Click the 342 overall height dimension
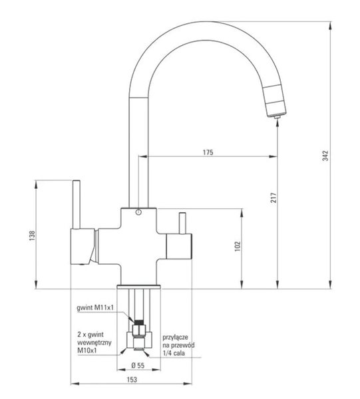(x=325, y=156)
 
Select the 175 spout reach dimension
(x=208, y=152)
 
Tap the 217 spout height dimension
(x=273, y=198)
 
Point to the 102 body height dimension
(x=238, y=246)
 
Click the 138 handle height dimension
(x=32, y=235)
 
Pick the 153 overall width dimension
(x=132, y=380)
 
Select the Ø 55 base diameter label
(x=138, y=365)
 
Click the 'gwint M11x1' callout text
(x=95, y=308)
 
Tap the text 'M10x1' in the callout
(x=87, y=350)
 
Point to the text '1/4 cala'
(x=174, y=353)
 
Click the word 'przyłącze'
(x=176, y=337)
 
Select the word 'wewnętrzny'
(x=94, y=342)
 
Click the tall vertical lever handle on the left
(x=77, y=205)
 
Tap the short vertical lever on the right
(x=182, y=223)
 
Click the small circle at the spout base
(x=138, y=212)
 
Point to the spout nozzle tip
(x=277, y=117)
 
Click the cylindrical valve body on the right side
(x=179, y=247)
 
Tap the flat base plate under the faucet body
(x=139, y=287)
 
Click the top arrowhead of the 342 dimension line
(x=331, y=26)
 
